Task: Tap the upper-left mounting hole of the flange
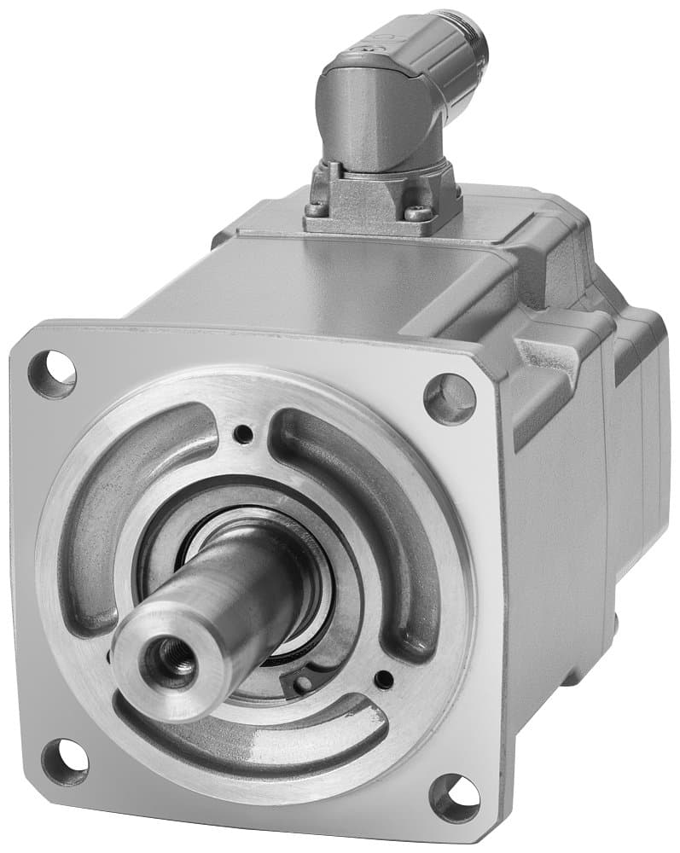tap(52, 374)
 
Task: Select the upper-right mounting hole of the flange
tap(450, 398)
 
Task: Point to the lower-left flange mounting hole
tap(65, 761)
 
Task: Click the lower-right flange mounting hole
tap(454, 798)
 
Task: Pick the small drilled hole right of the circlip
tap(384, 680)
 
